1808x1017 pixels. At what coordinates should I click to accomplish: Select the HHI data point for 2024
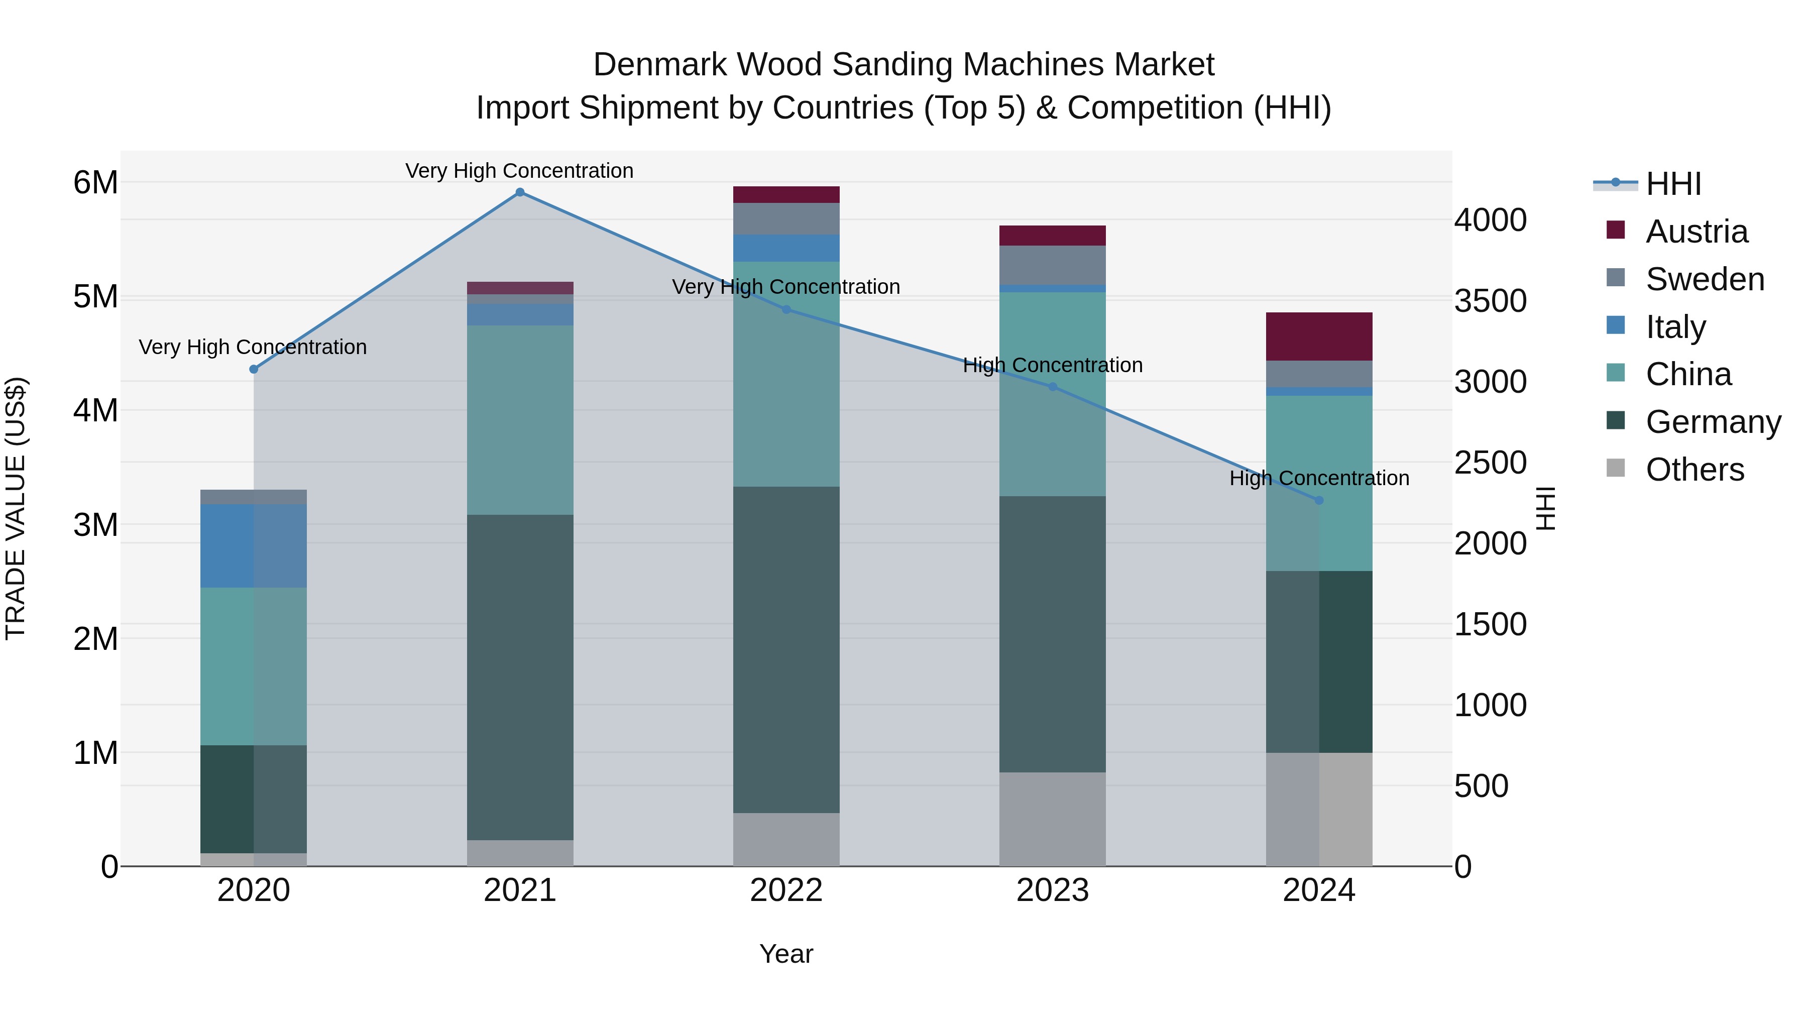tap(1319, 500)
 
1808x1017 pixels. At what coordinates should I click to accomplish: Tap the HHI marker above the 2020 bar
tap(254, 369)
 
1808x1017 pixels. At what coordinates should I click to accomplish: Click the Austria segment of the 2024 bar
tap(1319, 337)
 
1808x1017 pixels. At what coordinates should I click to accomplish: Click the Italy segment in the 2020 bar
tap(254, 545)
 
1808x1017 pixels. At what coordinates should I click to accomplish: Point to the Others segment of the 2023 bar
tap(1052, 819)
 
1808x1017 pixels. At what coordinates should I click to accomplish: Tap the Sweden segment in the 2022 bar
tap(786, 218)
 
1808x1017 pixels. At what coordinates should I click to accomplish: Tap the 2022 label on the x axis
tap(786, 890)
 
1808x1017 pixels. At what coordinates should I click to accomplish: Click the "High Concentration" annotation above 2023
tap(1052, 365)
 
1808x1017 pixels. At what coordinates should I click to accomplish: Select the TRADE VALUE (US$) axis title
tap(16, 508)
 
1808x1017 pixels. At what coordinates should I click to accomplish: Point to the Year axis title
tap(786, 954)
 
